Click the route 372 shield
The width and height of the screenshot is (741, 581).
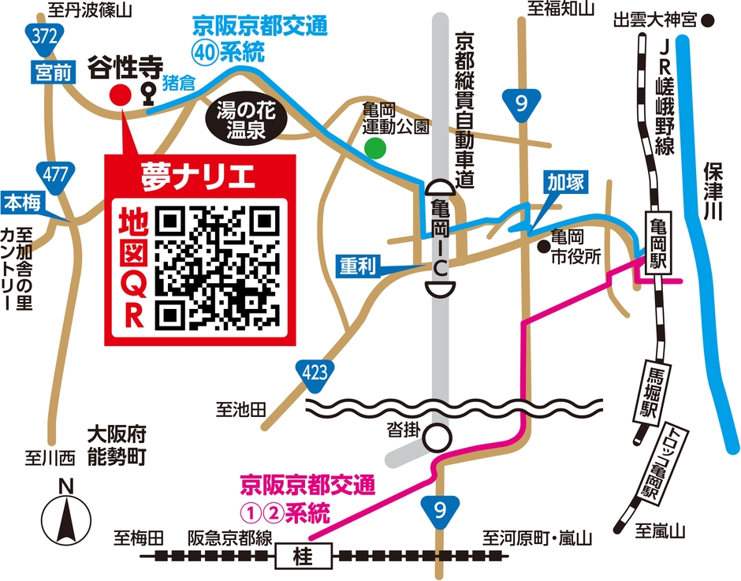coord(41,35)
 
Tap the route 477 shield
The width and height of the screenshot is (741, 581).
coord(56,174)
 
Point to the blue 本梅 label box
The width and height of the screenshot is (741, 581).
coord(23,203)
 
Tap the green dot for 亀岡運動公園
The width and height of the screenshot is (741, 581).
coord(376,147)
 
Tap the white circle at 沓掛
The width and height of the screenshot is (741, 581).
coord(438,436)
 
